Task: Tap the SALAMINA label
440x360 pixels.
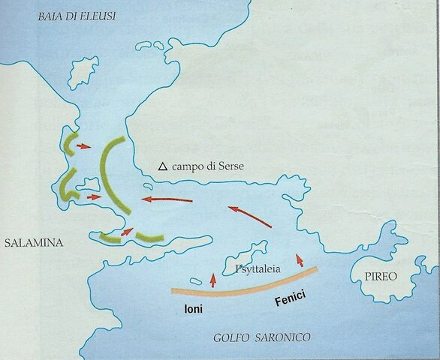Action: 35,244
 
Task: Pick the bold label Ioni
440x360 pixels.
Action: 194,308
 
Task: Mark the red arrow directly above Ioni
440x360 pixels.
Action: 212,280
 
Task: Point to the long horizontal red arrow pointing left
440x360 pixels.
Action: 167,199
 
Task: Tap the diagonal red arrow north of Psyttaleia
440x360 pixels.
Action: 250,217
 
